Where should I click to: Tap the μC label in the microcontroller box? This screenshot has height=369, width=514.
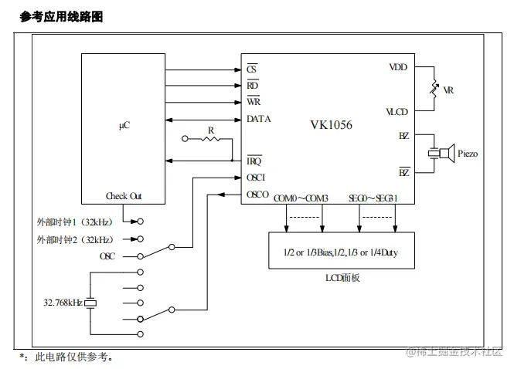point(124,124)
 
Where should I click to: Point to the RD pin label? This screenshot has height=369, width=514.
point(252,86)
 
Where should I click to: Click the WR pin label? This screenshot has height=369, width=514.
point(253,102)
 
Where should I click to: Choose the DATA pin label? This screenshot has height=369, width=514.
point(258,119)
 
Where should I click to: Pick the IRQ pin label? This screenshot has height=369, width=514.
point(254,161)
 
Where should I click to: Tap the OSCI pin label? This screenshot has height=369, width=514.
point(256,177)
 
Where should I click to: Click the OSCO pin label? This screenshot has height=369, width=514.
point(257,195)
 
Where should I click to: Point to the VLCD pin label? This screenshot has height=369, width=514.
point(397,112)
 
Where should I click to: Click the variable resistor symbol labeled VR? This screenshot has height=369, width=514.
point(434,90)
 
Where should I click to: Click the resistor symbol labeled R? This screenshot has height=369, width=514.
point(210,140)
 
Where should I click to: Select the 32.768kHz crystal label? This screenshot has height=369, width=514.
point(62,303)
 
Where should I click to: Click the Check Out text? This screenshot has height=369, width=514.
point(124,196)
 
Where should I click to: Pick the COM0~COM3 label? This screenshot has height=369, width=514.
point(301,198)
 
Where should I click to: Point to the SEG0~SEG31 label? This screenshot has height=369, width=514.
point(373,198)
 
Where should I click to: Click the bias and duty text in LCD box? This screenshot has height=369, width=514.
point(340,252)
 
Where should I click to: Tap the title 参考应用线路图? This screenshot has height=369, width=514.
point(61,16)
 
